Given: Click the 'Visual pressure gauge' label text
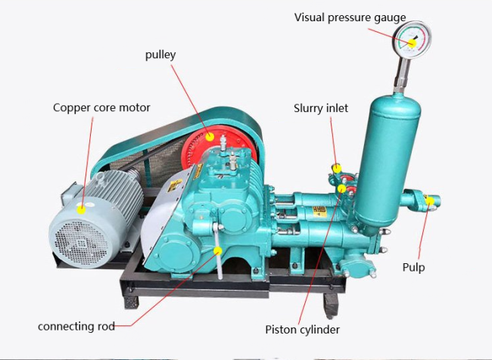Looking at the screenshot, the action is coord(350,18).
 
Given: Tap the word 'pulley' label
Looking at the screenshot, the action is coord(160,55).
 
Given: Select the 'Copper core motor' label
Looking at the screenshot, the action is coord(101,107).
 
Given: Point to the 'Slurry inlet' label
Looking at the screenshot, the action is coord(321,108).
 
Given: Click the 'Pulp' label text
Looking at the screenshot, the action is coord(413,268).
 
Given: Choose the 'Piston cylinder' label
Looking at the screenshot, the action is coord(302,330).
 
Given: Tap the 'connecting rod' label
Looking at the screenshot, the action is coord(76,327).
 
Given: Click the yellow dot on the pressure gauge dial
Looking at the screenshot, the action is coord(412,43).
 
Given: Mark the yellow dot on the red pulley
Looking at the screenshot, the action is coord(210,137).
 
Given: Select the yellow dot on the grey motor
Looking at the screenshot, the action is coord(81,209).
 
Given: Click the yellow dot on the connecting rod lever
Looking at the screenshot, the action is coord(217,251).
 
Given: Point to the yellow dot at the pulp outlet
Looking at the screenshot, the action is coord(430,201).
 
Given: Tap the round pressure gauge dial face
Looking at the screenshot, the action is coord(412,39).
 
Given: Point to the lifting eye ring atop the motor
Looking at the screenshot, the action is coord(101,178).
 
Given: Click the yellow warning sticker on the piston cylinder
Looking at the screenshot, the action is coord(319,212).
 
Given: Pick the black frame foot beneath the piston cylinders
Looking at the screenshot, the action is coord(331,306).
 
